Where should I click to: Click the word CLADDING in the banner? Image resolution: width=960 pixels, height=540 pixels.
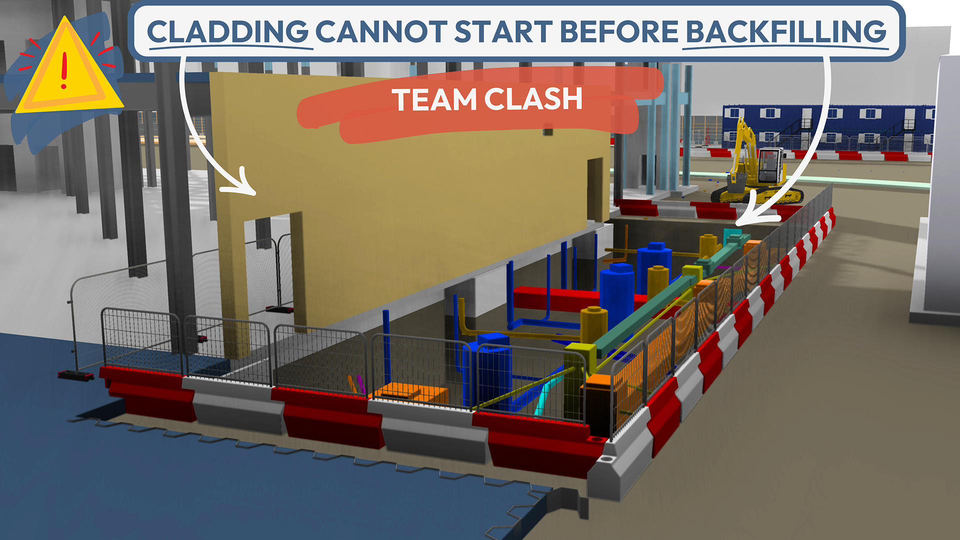tap(227, 31)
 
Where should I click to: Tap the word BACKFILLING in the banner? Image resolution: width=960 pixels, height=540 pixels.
tap(785, 31)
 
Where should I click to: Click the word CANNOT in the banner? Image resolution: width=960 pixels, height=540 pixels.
tap(381, 31)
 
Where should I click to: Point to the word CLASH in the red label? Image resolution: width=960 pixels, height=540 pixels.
tap(533, 98)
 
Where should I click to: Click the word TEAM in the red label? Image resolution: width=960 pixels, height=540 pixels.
tap(434, 99)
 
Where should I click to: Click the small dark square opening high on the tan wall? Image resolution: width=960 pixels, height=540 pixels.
tap(548, 131)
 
